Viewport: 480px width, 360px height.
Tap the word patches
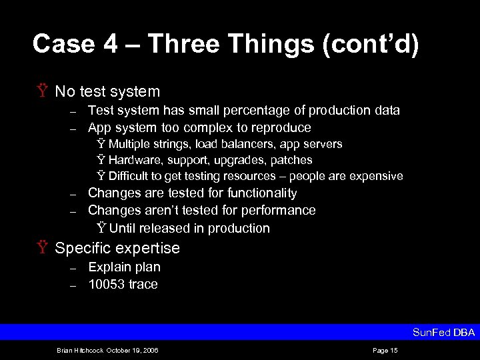[290, 160]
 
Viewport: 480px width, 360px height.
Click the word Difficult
[131, 176]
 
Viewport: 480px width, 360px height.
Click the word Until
[121, 228]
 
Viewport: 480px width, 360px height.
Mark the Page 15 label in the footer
[385, 350]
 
